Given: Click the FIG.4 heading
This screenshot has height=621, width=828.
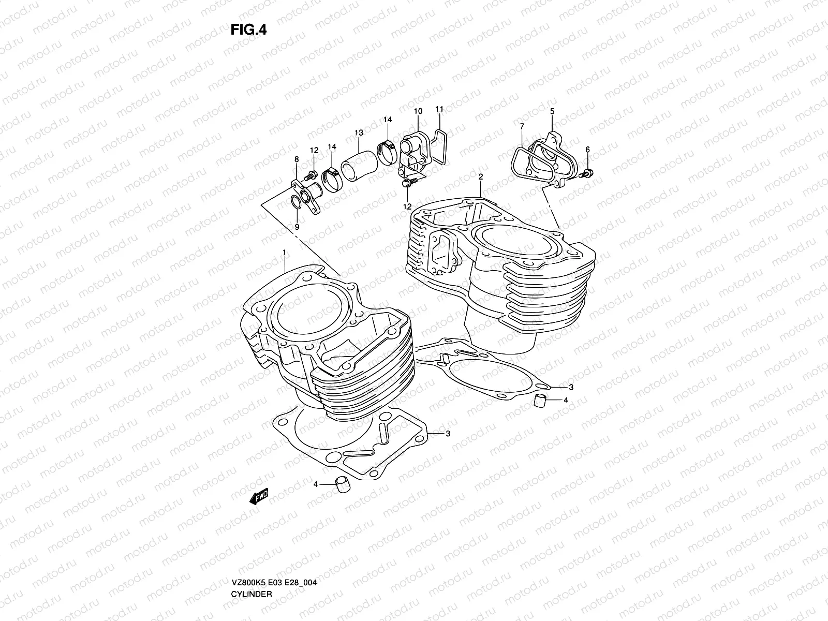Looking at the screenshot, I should coord(248,29).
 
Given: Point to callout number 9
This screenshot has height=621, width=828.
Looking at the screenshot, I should coord(297,227).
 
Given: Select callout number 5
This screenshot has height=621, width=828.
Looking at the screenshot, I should coord(552,111).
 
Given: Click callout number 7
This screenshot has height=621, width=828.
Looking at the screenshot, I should coord(522,126).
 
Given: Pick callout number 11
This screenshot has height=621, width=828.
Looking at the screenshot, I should coord(439,109).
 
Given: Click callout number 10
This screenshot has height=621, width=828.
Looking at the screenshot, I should coord(418,111).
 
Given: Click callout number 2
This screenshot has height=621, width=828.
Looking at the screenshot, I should coord(481,177).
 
